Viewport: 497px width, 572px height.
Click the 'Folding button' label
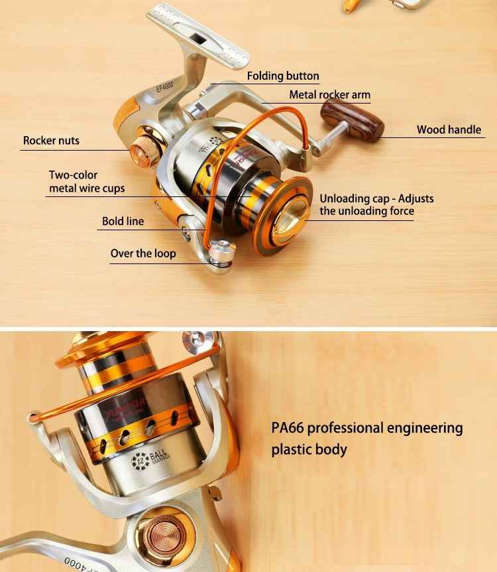pyautogui.click(x=283, y=76)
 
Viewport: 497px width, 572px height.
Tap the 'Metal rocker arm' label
pyautogui.click(x=329, y=95)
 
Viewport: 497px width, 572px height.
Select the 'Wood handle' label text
pyautogui.click(x=449, y=130)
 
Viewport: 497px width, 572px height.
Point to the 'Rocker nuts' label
pyautogui.click(x=51, y=141)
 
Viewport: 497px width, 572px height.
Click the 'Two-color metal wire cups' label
pyautogui.click(x=86, y=182)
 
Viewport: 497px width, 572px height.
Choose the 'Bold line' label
pyautogui.click(x=123, y=222)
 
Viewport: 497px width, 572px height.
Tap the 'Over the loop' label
pyautogui.click(x=143, y=253)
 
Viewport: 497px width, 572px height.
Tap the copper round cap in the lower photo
pyautogui.click(x=158, y=533)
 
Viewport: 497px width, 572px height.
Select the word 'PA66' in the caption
pyautogui.click(x=287, y=428)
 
